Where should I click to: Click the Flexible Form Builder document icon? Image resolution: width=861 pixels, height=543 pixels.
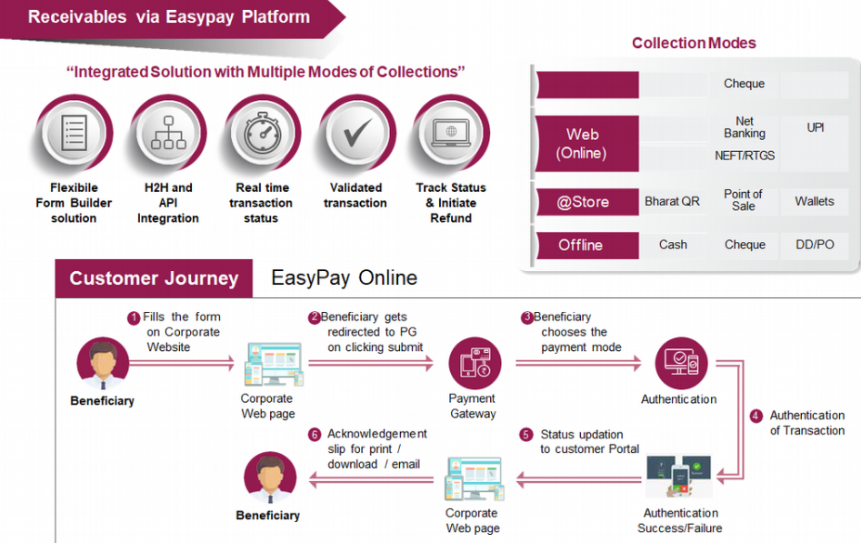pos(73,136)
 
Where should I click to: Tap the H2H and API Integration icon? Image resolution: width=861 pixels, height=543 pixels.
pos(168,136)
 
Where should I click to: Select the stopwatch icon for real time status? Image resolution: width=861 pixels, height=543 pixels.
pos(262,136)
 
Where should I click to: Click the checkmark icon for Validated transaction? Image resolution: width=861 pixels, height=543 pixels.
pos(355,136)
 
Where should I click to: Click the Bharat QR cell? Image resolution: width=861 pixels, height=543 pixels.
pos(672,201)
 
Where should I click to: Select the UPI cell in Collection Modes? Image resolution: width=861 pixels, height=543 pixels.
pos(816,127)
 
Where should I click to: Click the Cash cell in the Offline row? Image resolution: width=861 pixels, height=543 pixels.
pos(673,245)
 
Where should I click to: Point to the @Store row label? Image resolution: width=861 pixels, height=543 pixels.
pos(584,202)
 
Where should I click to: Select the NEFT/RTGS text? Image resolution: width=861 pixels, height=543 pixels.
pos(745,156)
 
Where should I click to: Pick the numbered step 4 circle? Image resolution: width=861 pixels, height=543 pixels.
pos(756,416)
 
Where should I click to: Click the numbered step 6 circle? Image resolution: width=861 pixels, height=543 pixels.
pos(315,435)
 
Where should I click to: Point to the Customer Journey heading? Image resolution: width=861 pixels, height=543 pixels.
pos(154,278)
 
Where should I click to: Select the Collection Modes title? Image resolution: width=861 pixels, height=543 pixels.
pos(694,43)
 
